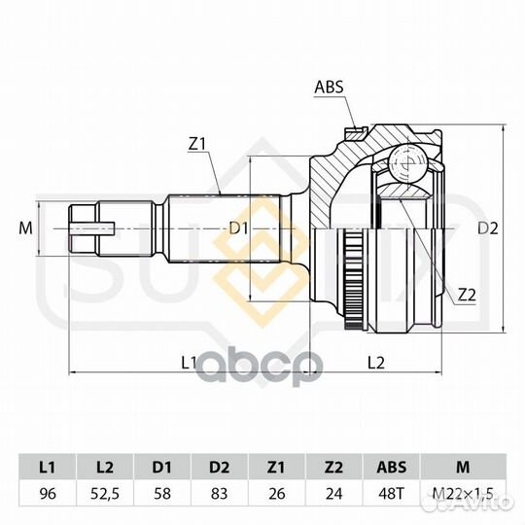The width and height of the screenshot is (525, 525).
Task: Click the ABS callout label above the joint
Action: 329,87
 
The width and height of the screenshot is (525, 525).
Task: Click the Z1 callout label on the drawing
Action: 196,144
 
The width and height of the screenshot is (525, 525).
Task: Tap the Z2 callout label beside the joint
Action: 467,295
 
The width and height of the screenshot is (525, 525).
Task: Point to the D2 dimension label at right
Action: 488,228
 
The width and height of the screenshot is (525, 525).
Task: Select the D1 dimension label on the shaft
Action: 239,228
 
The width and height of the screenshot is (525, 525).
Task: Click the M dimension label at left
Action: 25,228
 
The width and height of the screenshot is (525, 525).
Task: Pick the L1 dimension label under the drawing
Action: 189,363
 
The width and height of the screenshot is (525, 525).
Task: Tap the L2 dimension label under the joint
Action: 376,363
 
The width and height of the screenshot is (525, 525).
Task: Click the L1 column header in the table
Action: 48,467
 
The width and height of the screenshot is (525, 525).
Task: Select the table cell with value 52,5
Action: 105,494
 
